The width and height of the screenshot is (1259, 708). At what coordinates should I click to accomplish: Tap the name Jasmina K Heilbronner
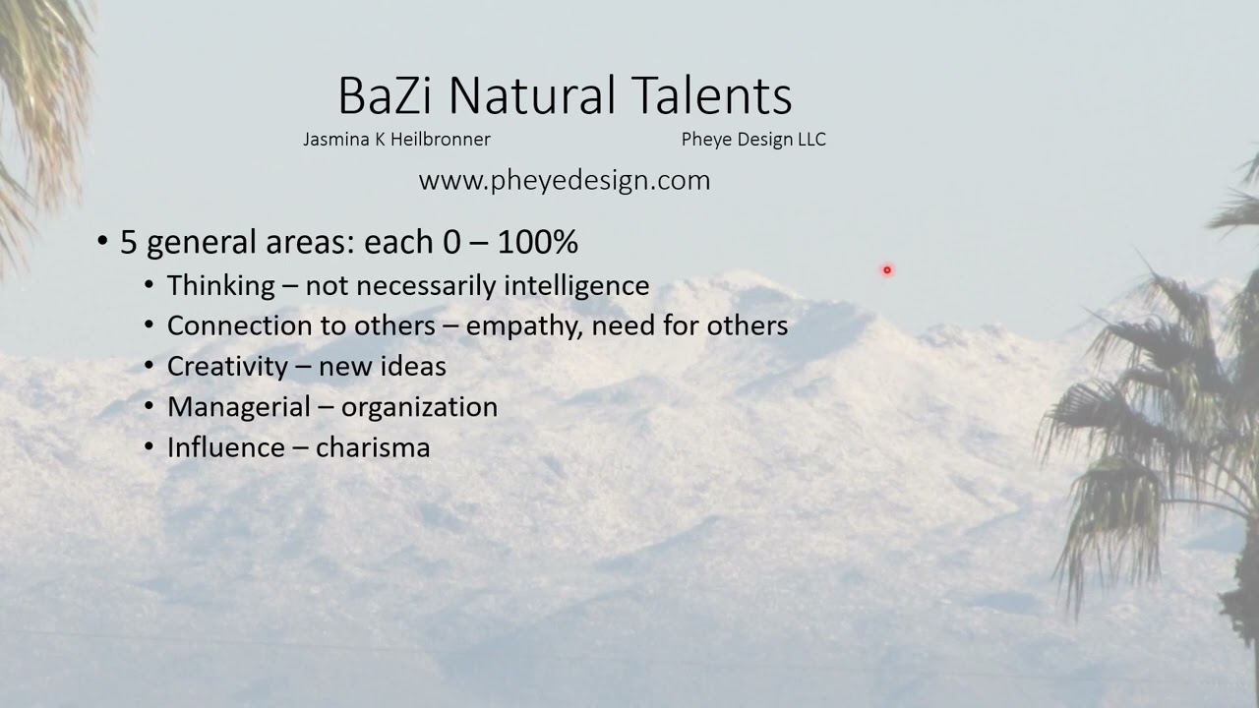coord(396,140)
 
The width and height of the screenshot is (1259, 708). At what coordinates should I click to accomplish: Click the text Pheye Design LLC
coord(753,140)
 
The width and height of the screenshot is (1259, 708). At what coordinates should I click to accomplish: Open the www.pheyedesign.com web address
coord(564,181)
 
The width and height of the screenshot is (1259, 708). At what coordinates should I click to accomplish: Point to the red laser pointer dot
coord(886,269)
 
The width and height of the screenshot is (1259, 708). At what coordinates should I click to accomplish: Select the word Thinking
coord(220,286)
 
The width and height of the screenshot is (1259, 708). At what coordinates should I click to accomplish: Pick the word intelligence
coord(576,286)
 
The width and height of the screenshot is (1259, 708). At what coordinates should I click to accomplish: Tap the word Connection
coord(237,325)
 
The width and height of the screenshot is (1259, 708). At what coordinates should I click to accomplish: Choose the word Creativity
coord(227,367)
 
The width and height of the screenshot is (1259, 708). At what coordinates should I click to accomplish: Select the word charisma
coord(373,447)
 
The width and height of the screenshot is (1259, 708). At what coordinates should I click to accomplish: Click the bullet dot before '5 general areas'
coord(103,242)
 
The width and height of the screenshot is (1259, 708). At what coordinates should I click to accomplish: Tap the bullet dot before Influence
coord(149,447)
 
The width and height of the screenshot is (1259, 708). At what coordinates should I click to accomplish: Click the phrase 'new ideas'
coord(382,367)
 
